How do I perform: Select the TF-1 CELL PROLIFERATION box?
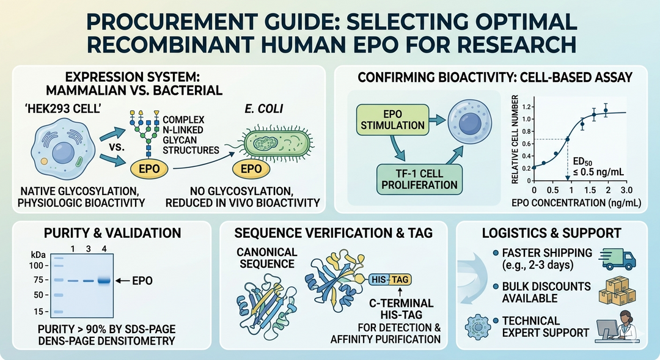click(x=418, y=178)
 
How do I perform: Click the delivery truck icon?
click(x=618, y=258)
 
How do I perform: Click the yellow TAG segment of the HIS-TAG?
click(x=401, y=279)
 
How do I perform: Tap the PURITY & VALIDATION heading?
click(x=112, y=233)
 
